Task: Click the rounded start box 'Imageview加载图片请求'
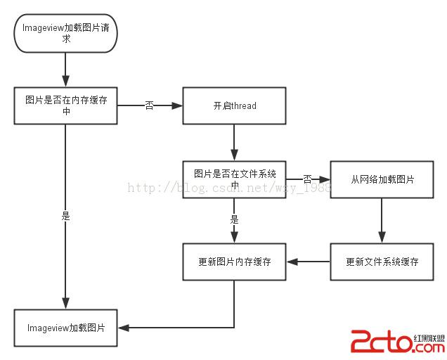(65, 33)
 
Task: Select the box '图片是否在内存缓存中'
(65, 105)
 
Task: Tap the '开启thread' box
(234, 105)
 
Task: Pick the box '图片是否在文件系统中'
(234, 179)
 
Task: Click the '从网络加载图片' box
(382, 179)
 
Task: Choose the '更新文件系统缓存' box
(382, 262)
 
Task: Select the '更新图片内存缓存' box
(234, 262)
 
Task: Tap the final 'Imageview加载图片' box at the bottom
(66, 328)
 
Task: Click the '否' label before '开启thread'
(149, 105)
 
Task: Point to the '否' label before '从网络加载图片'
(307, 179)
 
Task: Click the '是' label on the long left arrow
(65, 216)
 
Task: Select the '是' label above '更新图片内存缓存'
(234, 219)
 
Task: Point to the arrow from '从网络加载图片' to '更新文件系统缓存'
(382, 220)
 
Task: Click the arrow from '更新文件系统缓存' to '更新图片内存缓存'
(308, 262)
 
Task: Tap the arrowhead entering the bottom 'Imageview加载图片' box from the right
(124, 328)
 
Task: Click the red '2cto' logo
(379, 342)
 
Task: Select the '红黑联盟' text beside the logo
(430, 337)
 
